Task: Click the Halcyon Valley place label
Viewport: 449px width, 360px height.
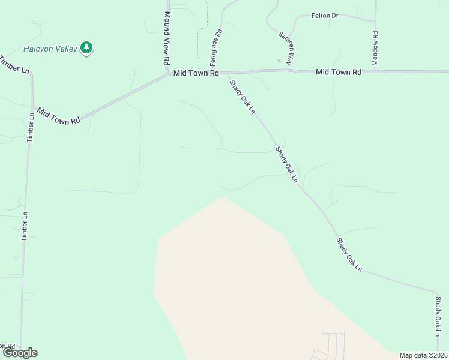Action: pyautogui.click(x=50, y=49)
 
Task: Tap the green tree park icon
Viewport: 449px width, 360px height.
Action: pyautogui.click(x=86, y=48)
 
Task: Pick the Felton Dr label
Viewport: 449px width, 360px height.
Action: pyautogui.click(x=325, y=16)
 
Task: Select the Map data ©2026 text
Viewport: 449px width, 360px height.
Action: pyautogui.click(x=423, y=355)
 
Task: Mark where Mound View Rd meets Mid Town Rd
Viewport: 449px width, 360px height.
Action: pyautogui.click(x=169, y=76)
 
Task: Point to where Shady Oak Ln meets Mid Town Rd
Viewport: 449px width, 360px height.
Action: pyautogui.click(x=228, y=73)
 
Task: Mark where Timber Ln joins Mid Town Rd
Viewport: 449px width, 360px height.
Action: pyautogui.click(x=32, y=107)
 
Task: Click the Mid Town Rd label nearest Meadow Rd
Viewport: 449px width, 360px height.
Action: pyautogui.click(x=339, y=72)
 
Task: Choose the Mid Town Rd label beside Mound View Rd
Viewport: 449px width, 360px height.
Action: pyautogui.click(x=196, y=73)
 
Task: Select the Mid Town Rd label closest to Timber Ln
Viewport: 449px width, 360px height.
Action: pyautogui.click(x=58, y=116)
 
